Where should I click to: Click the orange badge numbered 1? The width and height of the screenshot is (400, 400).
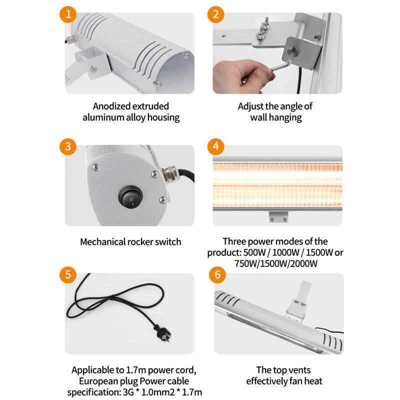[68, 14]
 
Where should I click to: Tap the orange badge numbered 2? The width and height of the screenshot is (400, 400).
[216, 14]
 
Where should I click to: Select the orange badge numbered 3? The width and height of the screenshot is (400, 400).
[68, 146]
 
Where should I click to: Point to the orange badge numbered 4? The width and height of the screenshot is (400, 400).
[216, 146]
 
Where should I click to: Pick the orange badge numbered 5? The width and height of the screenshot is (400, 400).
[68, 274]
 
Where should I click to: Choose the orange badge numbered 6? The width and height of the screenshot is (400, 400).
[217, 274]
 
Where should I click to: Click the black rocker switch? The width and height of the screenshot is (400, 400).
[130, 198]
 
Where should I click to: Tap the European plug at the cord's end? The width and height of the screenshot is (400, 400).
[162, 332]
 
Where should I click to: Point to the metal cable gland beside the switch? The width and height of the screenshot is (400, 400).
[169, 173]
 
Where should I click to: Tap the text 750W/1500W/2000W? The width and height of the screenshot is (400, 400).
[276, 263]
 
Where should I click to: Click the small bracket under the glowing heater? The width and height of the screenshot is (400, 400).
[278, 217]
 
